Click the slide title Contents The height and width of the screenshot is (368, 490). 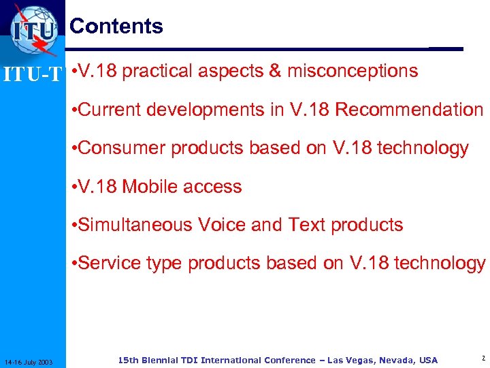(x=116, y=26)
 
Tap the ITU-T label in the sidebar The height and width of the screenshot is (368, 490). (x=33, y=73)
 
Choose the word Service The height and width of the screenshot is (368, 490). (x=111, y=263)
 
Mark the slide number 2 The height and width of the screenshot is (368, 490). (x=482, y=358)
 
